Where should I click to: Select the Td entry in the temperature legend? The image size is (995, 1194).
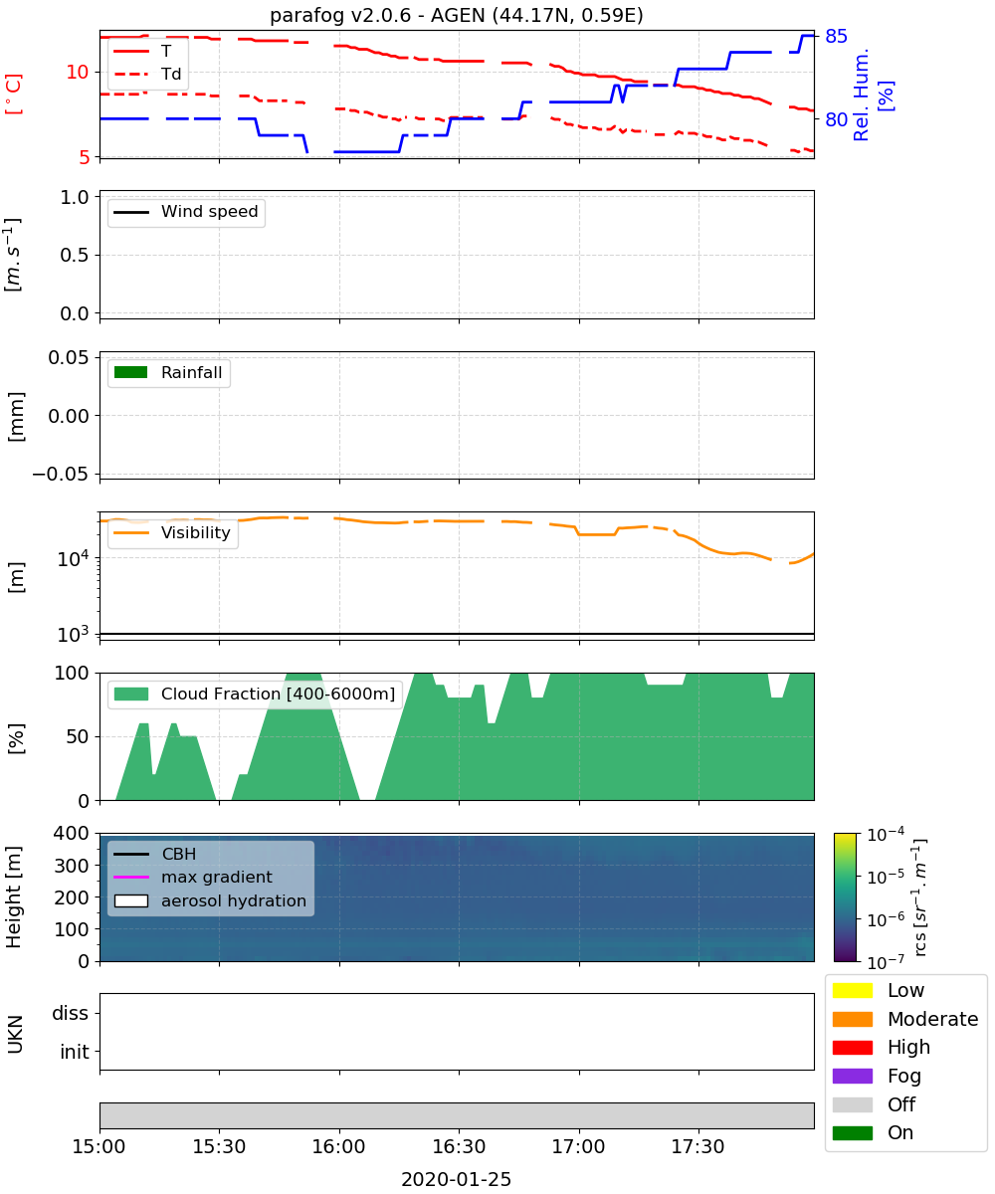click(x=147, y=74)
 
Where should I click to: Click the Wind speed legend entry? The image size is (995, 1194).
click(x=186, y=212)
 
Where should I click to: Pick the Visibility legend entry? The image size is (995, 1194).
click(x=171, y=532)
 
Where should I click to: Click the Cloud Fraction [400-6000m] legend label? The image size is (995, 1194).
click(x=278, y=694)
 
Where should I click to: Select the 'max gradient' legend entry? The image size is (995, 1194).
click(x=193, y=877)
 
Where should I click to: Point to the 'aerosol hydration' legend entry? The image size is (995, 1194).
click(x=210, y=900)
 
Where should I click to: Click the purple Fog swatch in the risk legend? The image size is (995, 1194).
click(x=852, y=1076)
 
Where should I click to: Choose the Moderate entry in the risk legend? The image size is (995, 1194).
click(x=904, y=1019)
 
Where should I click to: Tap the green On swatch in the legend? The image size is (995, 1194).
click(x=852, y=1133)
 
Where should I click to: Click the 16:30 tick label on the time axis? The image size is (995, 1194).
click(x=459, y=1146)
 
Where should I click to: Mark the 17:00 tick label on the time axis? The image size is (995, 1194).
click(x=578, y=1146)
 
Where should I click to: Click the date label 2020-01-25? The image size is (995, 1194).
click(x=456, y=1179)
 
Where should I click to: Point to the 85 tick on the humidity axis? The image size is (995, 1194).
click(x=836, y=37)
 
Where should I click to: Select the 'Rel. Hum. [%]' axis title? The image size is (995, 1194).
click(x=872, y=95)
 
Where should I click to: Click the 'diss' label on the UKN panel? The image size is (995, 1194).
click(x=70, y=1013)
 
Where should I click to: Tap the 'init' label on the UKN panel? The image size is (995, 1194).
click(x=75, y=1052)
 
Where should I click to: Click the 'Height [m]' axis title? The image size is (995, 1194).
click(x=13, y=897)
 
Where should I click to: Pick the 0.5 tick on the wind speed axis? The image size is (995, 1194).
click(x=75, y=255)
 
